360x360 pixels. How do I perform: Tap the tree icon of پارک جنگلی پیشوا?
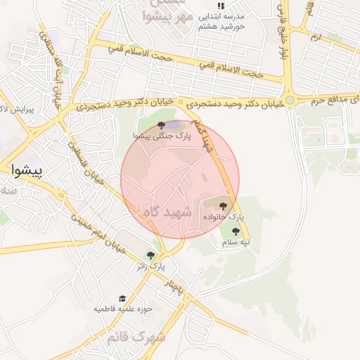[162, 124]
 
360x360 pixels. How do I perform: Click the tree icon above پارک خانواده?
[224, 206]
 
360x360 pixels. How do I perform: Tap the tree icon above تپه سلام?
[236, 231]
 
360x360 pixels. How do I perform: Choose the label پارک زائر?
[151, 267]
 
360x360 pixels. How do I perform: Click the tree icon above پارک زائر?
[150, 255]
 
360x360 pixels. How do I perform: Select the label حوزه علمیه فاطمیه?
[124, 309]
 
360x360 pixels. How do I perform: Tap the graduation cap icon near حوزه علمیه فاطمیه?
[122, 298]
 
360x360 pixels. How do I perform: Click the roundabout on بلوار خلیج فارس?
[290, 100]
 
